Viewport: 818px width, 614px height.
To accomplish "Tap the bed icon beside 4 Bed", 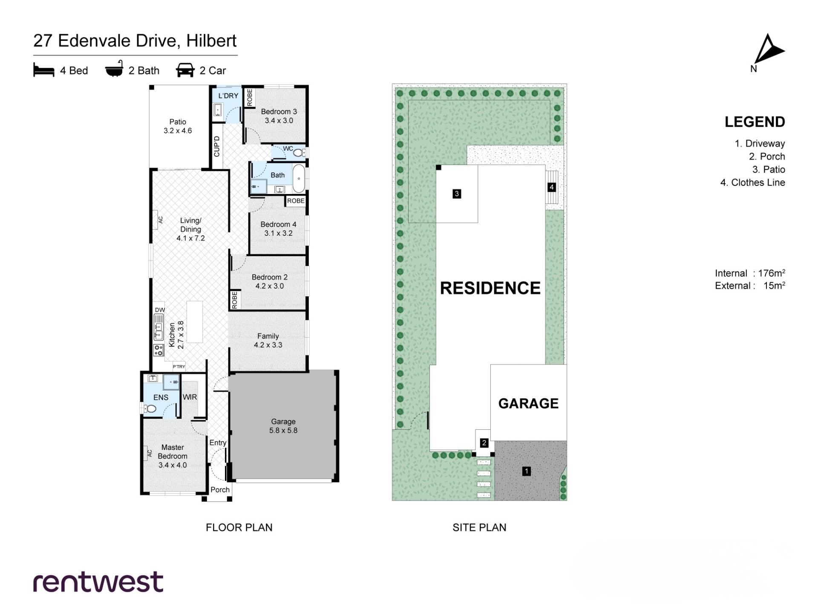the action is pos(44,70).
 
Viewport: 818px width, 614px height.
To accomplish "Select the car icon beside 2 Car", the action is pos(185,70).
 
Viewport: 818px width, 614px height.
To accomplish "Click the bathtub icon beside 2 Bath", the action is pos(114,69).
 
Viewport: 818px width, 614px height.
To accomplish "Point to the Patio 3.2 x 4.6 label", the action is pos(178,126).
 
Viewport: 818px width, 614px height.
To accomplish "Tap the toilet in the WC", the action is pos(299,152).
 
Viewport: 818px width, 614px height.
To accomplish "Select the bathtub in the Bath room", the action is pos(299,179).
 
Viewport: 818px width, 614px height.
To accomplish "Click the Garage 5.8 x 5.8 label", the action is pos(283,426).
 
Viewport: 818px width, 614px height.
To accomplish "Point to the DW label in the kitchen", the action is pos(160,310).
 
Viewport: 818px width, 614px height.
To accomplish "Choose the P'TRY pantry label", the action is pos(179,367).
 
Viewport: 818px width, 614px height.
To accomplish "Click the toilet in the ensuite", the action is pos(150,408).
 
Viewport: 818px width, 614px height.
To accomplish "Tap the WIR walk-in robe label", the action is pos(190,397).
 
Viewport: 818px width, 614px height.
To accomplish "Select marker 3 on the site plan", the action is pos(457,194).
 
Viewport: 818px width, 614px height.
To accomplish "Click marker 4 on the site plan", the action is pos(552,187).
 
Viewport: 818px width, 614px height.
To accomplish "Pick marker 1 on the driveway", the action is pos(527,471).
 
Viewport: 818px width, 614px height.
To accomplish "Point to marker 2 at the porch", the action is pos(484,443).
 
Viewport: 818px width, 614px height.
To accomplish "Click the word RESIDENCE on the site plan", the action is pos(490,288).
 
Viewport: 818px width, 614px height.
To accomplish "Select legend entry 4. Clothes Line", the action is pos(752,182).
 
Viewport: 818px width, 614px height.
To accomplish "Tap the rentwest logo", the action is pos(98,582).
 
